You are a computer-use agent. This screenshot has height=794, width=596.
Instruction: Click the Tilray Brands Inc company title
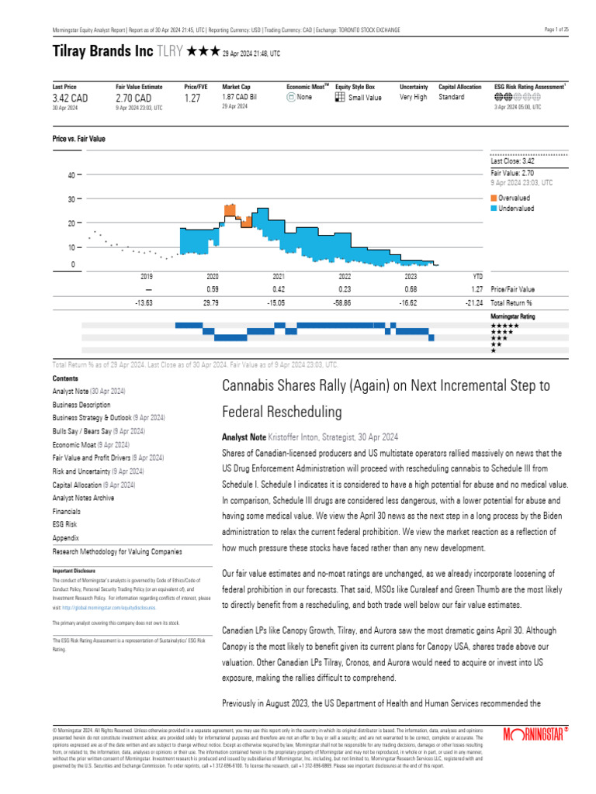pos(102,52)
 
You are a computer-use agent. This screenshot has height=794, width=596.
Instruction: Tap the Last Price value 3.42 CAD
pos(71,98)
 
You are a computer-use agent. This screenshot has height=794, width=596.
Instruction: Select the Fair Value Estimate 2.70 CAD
pos(133,98)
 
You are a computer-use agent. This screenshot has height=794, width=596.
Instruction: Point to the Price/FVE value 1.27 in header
pos(192,98)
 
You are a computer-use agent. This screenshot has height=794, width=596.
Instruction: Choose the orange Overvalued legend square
pos(494,198)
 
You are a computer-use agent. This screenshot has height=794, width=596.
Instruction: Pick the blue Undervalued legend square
pos(494,209)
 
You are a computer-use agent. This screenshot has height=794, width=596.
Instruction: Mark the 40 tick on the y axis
pos(71,175)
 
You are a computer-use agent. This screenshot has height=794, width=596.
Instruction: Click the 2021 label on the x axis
pos(279,276)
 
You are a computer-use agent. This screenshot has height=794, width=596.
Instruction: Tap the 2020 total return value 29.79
pos(212,303)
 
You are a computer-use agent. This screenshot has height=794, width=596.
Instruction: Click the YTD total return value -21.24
pos(476,303)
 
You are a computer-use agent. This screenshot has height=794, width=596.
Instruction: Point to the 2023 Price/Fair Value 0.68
pos(411,289)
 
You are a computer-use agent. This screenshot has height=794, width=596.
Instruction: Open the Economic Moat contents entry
pos(74,445)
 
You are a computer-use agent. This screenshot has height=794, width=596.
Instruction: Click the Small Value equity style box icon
pos(340,98)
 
